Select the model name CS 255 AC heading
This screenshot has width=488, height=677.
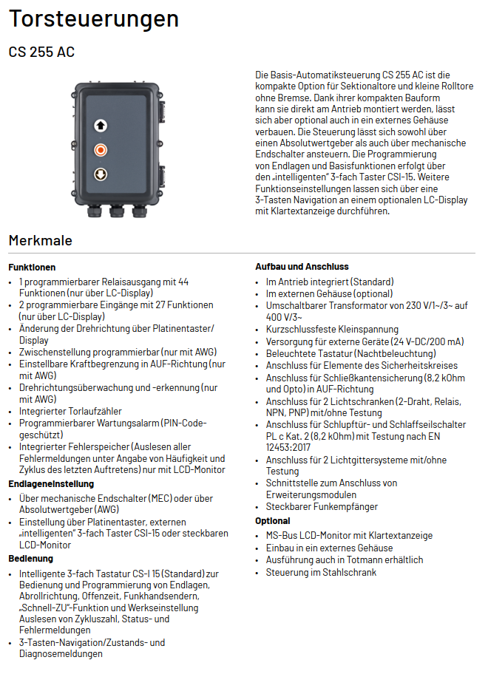[x=41, y=52]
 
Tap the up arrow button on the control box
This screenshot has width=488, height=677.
[x=101, y=126]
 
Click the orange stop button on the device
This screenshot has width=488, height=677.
[x=101, y=150]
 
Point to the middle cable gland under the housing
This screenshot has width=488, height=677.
[x=116, y=213]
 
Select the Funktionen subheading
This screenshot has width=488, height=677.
[x=32, y=267]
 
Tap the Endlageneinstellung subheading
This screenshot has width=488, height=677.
[x=51, y=484]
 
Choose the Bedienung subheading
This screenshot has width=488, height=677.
[x=31, y=559]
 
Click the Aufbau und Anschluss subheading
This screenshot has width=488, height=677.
[x=302, y=266]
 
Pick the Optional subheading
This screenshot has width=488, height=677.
[x=273, y=521]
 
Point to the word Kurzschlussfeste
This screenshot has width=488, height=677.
[x=301, y=330]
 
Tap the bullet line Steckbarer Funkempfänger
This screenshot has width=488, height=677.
[x=322, y=507]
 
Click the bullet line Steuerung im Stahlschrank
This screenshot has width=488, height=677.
[x=321, y=573]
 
